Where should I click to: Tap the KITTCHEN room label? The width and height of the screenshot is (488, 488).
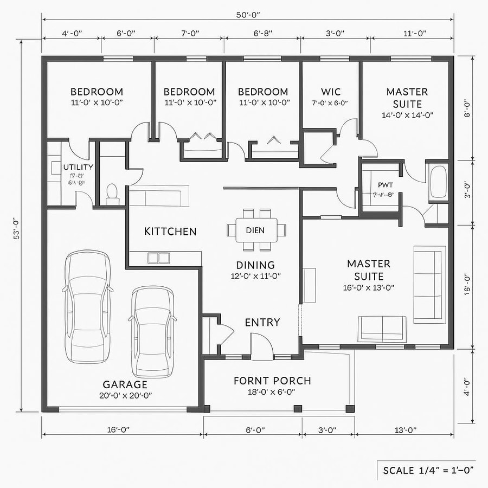(170, 232)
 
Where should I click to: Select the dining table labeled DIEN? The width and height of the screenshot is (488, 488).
(255, 230)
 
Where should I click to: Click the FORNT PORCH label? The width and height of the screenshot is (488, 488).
(272, 381)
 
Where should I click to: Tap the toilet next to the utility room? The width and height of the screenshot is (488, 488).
(112, 194)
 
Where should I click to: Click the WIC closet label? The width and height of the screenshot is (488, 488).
(331, 92)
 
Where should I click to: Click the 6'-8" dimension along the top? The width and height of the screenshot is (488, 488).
(263, 34)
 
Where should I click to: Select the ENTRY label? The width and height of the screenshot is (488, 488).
(262, 322)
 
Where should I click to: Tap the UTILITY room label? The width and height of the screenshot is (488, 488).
(78, 167)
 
